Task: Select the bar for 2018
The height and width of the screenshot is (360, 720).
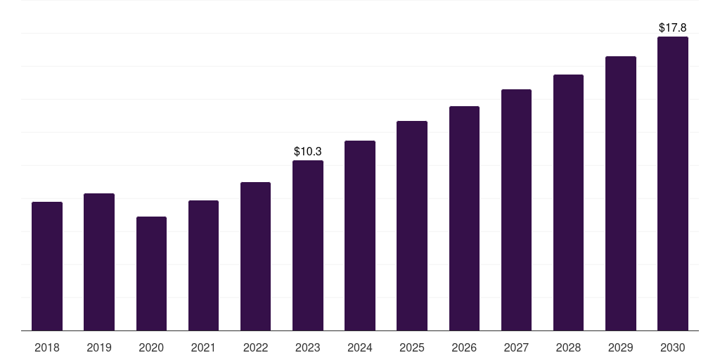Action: point(47,266)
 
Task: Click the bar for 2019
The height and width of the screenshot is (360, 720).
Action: point(99,262)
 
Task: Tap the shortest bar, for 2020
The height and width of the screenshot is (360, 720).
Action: point(152,274)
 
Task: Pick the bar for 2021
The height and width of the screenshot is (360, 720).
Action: point(203,265)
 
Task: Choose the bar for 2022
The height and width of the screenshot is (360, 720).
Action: point(255,256)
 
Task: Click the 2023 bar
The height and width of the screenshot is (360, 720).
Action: point(308,245)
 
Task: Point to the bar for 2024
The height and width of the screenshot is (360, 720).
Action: point(360,236)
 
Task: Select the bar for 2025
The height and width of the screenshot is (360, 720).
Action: point(412,226)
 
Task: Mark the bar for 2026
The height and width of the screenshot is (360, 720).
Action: point(464,219)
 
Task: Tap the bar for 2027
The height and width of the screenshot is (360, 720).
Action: point(516,210)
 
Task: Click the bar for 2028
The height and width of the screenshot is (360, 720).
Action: point(568,202)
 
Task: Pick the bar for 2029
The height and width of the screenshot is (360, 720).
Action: point(621,193)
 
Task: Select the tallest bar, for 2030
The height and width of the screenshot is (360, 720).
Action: point(673,184)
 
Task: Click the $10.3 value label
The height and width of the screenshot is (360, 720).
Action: point(308,152)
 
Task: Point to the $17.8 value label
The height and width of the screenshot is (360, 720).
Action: point(673,27)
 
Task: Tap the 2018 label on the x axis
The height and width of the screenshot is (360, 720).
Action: point(47,347)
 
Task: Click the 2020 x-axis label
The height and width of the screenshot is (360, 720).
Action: point(152,347)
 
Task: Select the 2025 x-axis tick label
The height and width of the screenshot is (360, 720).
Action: point(412,347)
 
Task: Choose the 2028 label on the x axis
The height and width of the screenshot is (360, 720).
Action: point(568,347)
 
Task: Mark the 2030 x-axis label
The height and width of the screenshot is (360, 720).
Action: point(673,347)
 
